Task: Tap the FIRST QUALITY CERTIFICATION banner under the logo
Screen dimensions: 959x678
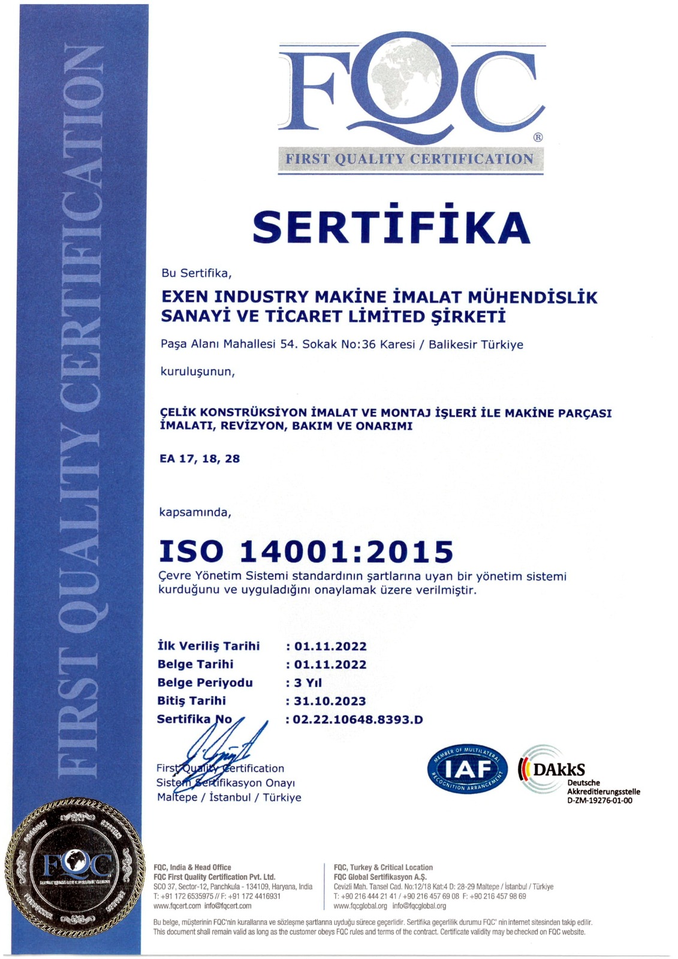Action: click(x=410, y=159)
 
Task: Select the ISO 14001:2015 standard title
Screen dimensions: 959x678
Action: click(x=306, y=551)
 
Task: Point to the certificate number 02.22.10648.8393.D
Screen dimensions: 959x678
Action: click(x=358, y=719)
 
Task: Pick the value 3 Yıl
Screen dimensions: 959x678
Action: click(x=308, y=683)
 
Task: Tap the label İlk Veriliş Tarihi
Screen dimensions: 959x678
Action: click(x=208, y=646)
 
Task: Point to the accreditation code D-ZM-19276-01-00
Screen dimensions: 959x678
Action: click(x=599, y=800)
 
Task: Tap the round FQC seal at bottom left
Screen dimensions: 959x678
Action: click(x=75, y=865)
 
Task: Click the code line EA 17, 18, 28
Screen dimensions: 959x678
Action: click(x=200, y=459)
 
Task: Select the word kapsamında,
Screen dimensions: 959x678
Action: click(x=195, y=512)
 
